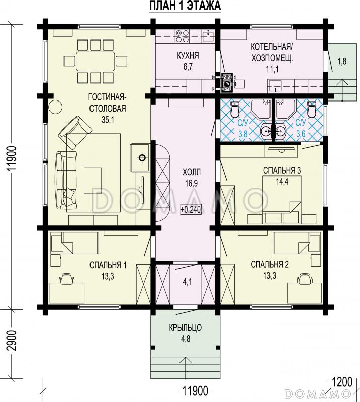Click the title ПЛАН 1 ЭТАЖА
185,6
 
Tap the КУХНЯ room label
188,55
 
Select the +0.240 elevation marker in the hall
191,209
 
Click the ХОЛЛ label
192,172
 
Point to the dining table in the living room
95,61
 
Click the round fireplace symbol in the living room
142,158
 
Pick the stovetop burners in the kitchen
183,36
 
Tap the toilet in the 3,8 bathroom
235,109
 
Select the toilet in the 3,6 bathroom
312,109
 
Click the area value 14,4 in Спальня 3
282,182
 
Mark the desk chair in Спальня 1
67,279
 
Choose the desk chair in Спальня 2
304,279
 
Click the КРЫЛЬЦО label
185,328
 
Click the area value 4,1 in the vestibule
188,282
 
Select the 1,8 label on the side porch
342,61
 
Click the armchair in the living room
75,133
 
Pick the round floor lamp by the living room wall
55,107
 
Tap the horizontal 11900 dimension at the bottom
195,391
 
